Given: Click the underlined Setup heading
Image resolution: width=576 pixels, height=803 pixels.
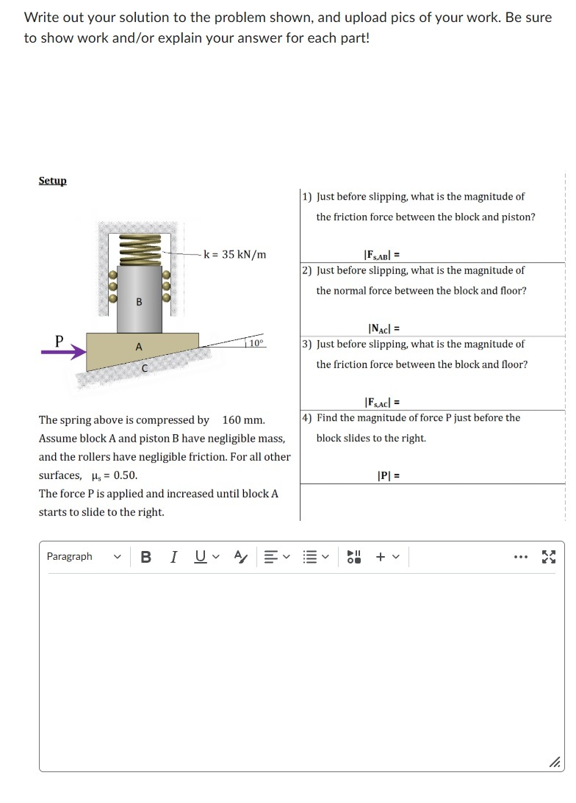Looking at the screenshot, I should pos(52,181).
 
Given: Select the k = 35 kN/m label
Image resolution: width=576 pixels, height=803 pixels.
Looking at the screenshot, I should pos(234,255).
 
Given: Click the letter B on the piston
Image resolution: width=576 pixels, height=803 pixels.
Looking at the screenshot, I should pos(138,302).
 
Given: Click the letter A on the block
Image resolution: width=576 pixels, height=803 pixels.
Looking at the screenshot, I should pos(137,347).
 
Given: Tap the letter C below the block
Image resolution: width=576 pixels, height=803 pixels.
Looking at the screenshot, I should pos(145,368).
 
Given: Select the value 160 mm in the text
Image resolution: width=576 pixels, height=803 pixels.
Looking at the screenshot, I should pos(243,420).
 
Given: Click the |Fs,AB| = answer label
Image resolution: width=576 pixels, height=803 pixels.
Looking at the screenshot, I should pos(381,255).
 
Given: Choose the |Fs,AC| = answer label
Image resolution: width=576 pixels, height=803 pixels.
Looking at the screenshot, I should pos(381,402).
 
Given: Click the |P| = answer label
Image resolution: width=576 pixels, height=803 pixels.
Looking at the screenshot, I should pos(388,475).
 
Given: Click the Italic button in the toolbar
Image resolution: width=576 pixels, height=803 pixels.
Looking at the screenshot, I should pos(173,556).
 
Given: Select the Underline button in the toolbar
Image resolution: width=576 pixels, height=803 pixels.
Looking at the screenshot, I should pos(200,556).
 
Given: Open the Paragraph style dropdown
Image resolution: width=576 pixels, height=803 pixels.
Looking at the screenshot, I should pos(83,556).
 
